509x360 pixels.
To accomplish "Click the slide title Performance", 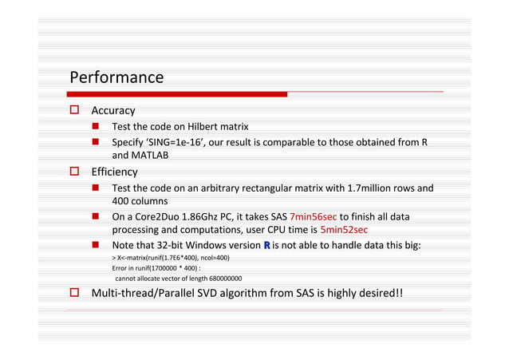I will click(x=116, y=77).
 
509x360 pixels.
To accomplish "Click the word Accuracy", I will click(x=113, y=110).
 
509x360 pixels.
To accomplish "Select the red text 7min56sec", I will click(x=313, y=217).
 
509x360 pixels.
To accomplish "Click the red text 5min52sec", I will click(x=343, y=230).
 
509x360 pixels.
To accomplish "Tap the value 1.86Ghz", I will click(x=205, y=217).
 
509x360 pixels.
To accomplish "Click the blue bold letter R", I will click(x=265, y=245).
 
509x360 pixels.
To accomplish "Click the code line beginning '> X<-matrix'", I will click(x=171, y=259).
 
